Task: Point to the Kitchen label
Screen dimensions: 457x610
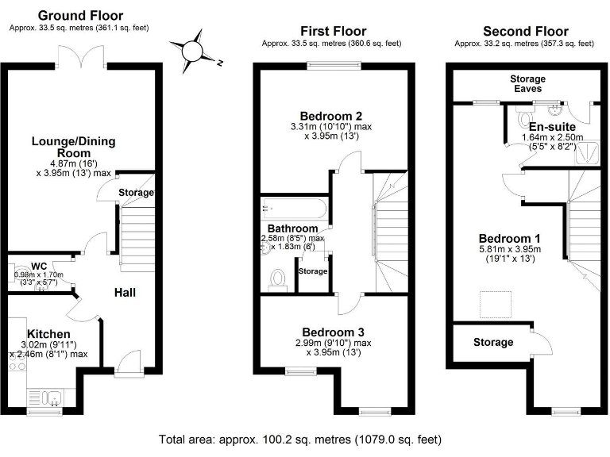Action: (x=48, y=333)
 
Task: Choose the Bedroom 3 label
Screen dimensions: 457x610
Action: (x=333, y=332)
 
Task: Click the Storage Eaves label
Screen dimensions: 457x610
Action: (x=528, y=84)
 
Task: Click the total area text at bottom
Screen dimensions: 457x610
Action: (x=300, y=438)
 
